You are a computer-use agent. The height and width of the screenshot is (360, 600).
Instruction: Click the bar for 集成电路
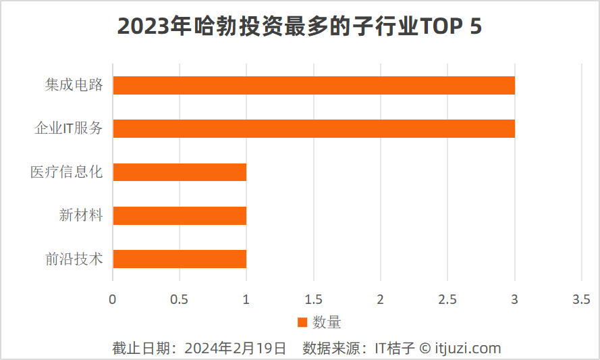[314, 86]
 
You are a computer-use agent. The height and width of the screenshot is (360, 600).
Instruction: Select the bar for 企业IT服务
[314, 129]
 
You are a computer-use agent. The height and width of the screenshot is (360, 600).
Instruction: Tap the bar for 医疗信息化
[180, 172]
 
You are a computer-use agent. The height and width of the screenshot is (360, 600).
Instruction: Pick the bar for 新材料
[180, 215]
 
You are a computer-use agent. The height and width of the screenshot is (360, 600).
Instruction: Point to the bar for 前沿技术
[180, 259]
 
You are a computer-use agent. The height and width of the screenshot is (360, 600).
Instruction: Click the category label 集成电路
[74, 85]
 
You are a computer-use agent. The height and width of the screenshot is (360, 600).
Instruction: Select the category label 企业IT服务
[69, 128]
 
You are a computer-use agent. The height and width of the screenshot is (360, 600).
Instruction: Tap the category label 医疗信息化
[66, 172]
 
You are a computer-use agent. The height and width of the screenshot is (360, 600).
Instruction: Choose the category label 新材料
[81, 215]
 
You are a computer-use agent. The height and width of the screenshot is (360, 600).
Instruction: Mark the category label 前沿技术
[74, 259]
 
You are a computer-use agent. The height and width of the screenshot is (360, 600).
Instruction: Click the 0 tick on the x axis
[113, 299]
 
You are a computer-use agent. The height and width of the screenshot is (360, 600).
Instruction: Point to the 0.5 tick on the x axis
[179, 299]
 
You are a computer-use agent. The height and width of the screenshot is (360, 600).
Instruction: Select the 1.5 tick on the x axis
[313, 299]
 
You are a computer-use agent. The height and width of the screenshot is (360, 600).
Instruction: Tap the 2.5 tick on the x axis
[447, 299]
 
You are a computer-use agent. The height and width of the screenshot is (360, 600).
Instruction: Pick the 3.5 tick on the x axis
[581, 299]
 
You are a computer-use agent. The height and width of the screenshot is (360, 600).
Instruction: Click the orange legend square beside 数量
[302, 322]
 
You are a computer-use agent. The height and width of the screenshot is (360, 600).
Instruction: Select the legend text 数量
[327, 322]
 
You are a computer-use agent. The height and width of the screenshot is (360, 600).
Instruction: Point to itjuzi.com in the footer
[467, 349]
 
